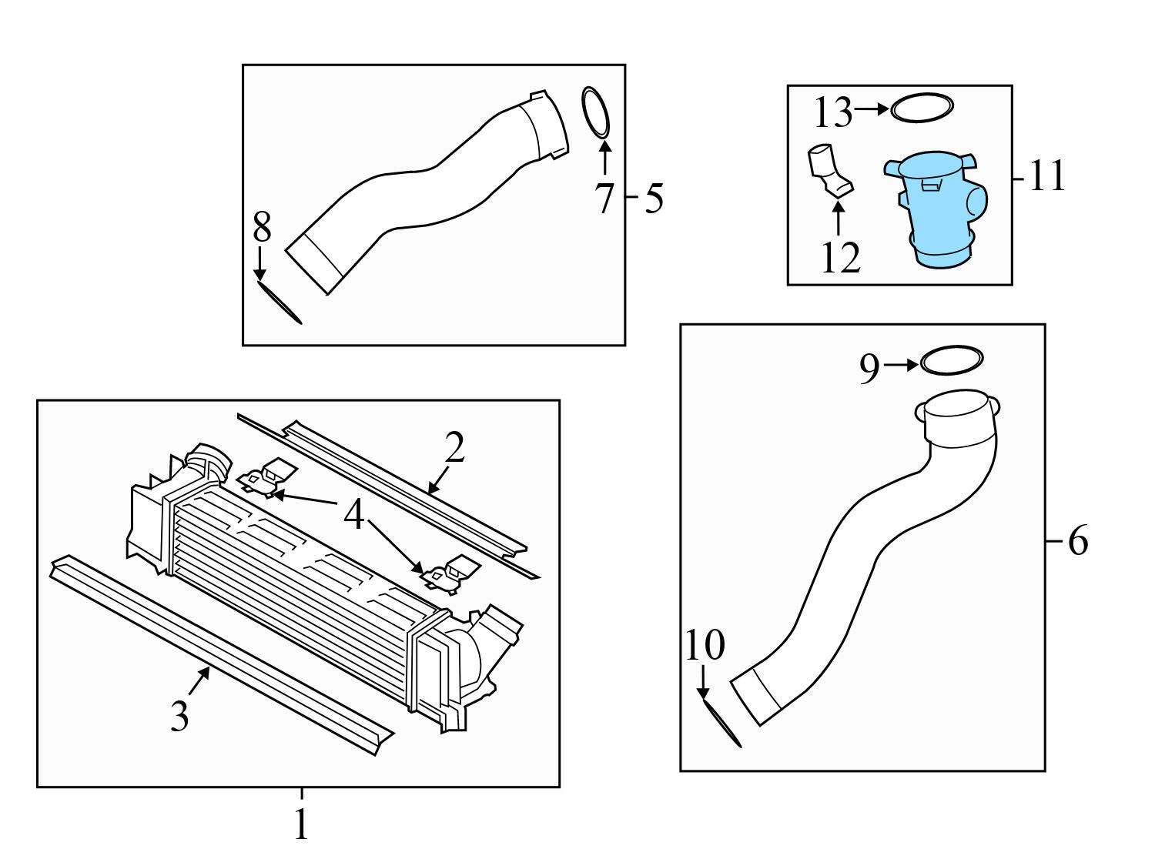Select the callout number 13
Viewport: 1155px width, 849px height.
click(832, 113)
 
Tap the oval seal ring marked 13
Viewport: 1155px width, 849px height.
click(922, 109)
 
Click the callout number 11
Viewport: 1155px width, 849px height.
click(1046, 176)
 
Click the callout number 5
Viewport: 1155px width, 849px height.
click(654, 199)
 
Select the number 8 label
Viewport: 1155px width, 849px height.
click(262, 228)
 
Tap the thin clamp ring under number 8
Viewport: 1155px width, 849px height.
click(279, 302)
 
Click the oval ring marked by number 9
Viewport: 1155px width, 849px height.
click(952, 360)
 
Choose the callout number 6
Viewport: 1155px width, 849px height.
click(1077, 541)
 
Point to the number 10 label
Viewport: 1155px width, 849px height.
click(705, 645)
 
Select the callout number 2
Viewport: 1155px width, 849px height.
click(454, 447)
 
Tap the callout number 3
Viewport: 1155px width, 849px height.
click(179, 716)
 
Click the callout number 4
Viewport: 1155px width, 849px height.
click(353, 515)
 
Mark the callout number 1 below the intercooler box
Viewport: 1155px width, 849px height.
click(301, 824)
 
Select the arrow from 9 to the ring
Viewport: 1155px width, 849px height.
click(900, 365)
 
